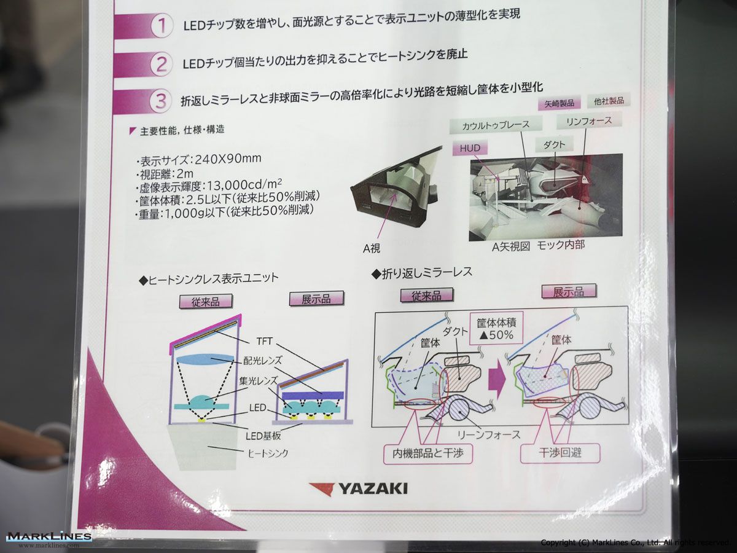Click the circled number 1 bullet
[162, 26]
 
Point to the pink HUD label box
[470, 149]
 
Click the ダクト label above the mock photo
[555, 145]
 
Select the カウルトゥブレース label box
[496, 125]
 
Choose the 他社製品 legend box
[609, 100]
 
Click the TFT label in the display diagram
[264, 342]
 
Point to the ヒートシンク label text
[268, 453]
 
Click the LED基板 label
[263, 436]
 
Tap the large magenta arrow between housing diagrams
[497, 378]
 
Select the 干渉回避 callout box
[560, 453]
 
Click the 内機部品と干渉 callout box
[427, 453]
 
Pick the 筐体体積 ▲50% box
[496, 329]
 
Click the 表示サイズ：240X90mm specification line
[199, 160]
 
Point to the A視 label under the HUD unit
[372, 248]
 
